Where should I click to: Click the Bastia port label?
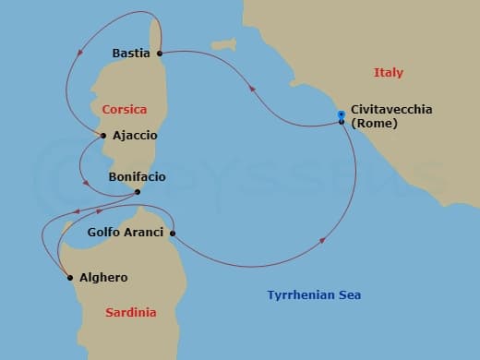[x=130, y=54]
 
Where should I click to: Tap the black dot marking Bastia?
[x=160, y=54]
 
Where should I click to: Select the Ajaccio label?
[x=134, y=136]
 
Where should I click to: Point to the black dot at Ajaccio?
[x=104, y=136]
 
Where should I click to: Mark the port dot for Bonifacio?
[x=137, y=192]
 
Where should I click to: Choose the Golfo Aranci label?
[x=125, y=234]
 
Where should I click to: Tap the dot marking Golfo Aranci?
[x=173, y=233]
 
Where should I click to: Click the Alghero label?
[x=102, y=277]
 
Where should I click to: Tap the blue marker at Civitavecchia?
[x=342, y=114]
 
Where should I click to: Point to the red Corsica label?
[x=125, y=108]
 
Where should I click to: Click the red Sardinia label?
[x=130, y=312]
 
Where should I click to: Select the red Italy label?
[x=389, y=73]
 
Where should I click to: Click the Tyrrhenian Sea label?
[x=314, y=295]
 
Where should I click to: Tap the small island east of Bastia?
[x=221, y=44]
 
